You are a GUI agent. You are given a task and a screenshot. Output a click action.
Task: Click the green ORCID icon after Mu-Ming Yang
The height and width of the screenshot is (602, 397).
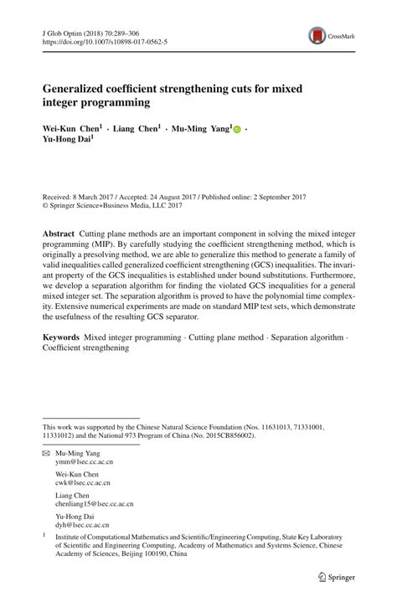click(x=237, y=130)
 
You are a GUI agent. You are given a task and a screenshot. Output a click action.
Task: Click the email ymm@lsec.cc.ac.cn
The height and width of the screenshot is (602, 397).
click(x=85, y=461)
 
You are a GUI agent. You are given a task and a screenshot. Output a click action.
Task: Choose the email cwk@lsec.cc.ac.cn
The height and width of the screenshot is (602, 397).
click(x=84, y=483)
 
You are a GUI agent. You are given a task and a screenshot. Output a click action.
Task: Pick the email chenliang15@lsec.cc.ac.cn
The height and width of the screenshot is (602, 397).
click(x=94, y=504)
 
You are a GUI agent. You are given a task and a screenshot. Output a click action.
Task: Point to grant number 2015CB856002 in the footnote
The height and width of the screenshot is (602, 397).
click(x=224, y=436)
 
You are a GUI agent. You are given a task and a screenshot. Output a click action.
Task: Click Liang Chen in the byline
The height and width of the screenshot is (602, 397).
click(x=137, y=129)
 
